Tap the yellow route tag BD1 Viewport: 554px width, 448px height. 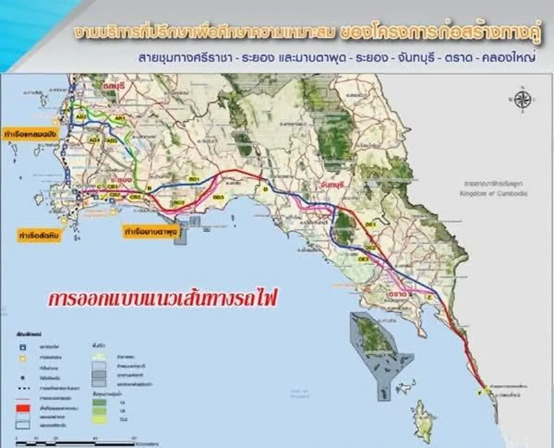[x=193, y=179]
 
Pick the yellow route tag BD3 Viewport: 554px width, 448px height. [x=218, y=197]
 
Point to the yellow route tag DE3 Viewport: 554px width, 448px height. [x=363, y=260]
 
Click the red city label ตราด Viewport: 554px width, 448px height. [x=397, y=293]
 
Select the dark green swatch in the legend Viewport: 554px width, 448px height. [x=98, y=400]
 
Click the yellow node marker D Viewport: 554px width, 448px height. [x=265, y=189]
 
